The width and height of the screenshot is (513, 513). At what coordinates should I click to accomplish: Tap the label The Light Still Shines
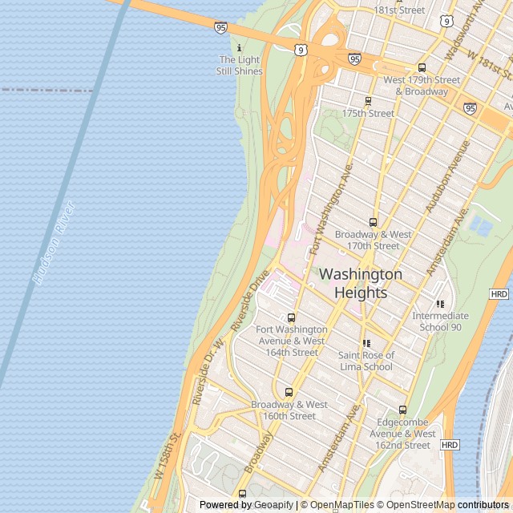tap(239, 66)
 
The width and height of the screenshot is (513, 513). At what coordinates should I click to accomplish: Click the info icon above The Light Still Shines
tap(239, 48)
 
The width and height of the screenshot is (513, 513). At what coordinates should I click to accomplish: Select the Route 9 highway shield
tap(299, 50)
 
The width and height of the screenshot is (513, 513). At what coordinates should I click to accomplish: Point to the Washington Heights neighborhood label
tap(361, 283)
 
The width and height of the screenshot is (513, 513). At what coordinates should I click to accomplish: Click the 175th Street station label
tap(368, 114)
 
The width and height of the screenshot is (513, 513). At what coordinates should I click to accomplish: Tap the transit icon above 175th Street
tap(368, 101)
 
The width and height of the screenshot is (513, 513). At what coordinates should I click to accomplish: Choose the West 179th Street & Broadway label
tap(422, 86)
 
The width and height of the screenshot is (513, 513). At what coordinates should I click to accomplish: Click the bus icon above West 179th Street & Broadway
tap(422, 68)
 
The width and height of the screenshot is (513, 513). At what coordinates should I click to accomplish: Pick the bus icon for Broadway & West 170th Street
tap(373, 222)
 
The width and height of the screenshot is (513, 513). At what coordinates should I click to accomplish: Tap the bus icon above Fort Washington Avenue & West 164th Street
tap(291, 317)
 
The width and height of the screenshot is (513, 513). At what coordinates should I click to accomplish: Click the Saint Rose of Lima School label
tap(366, 361)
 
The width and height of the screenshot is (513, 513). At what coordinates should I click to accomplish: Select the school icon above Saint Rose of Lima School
tap(366, 343)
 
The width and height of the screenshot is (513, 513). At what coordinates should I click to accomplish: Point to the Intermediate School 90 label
tap(439, 321)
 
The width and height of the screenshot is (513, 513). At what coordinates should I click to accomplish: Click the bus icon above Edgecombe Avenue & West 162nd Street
tap(402, 410)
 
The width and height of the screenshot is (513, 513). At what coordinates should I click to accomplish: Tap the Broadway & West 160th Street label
tap(289, 410)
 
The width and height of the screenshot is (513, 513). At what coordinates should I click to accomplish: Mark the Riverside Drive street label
tap(250, 305)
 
